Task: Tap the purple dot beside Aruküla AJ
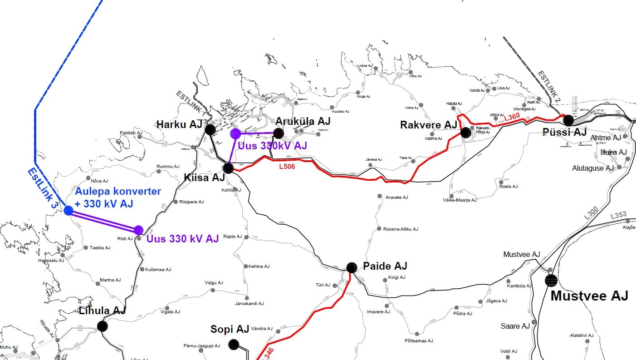pos(235,133)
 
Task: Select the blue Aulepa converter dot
pos(68,210)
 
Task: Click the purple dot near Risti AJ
pos(138,230)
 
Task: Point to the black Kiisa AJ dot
pos(228,168)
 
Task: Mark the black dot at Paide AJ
pos(352,267)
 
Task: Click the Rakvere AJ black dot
pos(465,133)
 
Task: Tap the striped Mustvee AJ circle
pos(551,281)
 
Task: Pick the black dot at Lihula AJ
pos(103,326)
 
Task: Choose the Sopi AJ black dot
pos(234,344)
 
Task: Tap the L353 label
pos(618,215)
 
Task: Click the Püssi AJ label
pos(565,133)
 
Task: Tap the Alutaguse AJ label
pos(593,168)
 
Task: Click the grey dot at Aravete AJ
pos(379,197)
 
